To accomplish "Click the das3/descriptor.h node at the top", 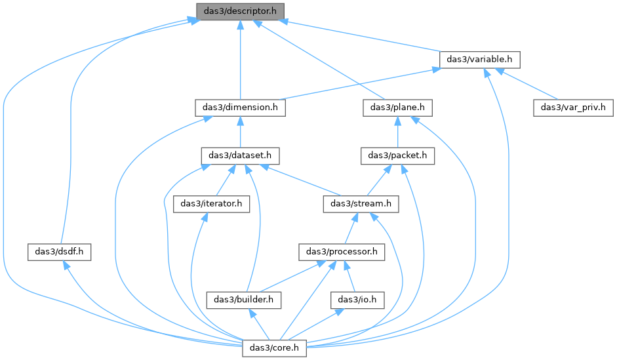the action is (240, 11).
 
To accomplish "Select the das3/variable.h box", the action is (480, 60).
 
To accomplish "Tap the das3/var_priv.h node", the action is (573, 108).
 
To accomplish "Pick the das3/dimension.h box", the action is (240, 108).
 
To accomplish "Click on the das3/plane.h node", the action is (397, 108).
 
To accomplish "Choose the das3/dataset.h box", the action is (240, 156).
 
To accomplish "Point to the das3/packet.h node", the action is (397, 156).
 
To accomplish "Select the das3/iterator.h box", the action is (211, 204).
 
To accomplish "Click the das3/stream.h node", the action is (361, 204).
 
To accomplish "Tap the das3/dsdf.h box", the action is (59, 252).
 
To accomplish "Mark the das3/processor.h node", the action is (342, 252).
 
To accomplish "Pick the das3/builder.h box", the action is (243, 300).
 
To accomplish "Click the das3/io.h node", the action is (357, 300).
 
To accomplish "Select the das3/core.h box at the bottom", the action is (274, 348).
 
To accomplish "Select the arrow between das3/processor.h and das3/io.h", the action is (350, 276).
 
